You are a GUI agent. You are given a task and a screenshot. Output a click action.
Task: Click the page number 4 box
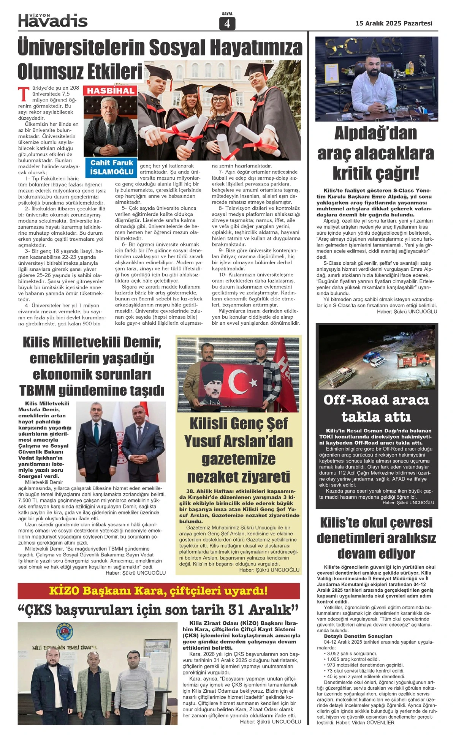[227, 24]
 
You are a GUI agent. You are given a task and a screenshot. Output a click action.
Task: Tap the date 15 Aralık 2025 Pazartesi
[394, 23]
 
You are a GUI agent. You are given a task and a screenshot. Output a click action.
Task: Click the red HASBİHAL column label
[111, 91]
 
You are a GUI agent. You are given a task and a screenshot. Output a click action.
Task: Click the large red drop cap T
[24, 93]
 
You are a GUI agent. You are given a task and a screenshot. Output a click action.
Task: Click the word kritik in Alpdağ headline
[356, 173]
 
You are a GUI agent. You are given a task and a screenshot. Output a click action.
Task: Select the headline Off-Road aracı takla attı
[376, 408]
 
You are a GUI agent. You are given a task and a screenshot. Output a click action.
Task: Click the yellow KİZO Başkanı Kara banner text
[158, 591]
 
